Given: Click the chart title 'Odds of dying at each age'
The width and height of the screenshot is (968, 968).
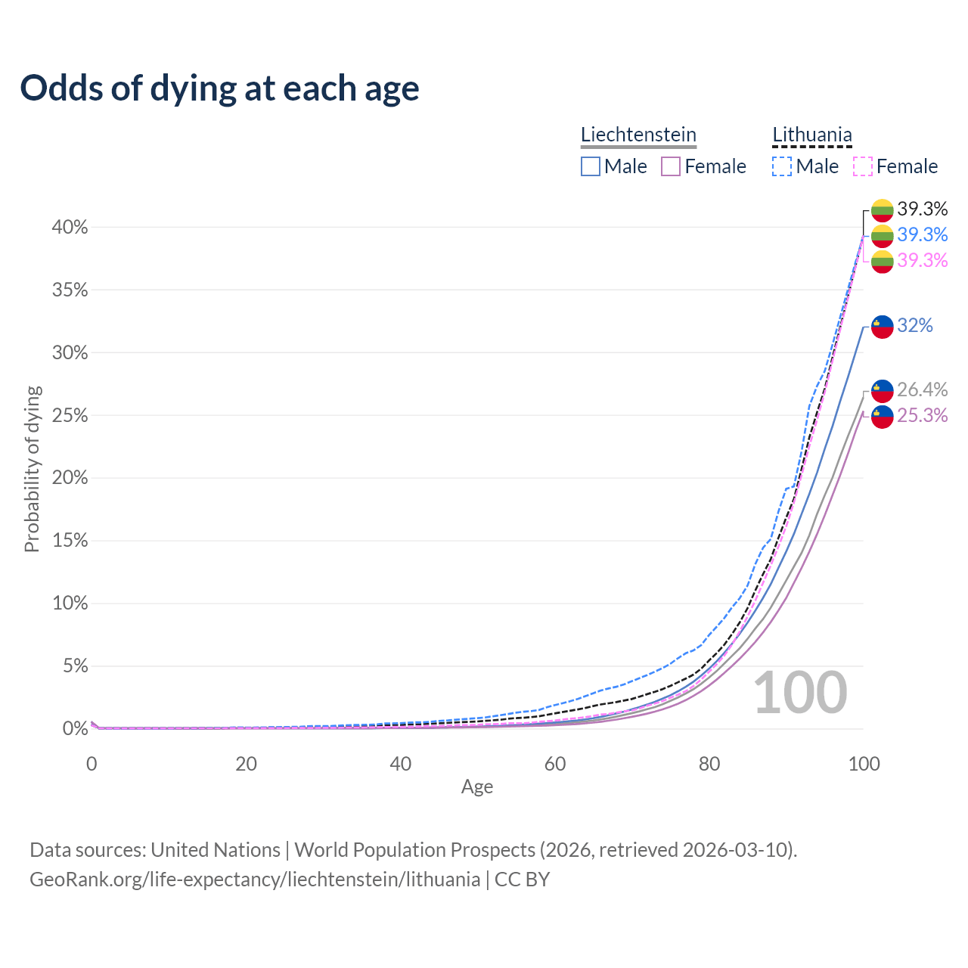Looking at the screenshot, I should point(219,88).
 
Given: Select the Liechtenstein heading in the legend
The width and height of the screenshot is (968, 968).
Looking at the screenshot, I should point(638,135).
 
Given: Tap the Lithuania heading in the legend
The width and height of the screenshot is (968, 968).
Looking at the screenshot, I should point(812,135).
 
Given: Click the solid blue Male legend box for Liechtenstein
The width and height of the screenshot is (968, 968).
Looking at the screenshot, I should point(591,166).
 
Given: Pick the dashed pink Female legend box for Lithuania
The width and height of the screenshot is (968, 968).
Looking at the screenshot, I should point(863,166).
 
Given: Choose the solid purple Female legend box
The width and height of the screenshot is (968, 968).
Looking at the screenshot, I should point(671,166).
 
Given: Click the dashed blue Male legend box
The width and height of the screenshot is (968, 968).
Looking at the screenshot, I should point(782,166).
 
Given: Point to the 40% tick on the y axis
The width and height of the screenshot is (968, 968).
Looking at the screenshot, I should point(70,228).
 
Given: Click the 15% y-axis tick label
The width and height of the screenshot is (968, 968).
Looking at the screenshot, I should point(70,541).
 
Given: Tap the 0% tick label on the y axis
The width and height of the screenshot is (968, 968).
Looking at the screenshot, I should point(75,729).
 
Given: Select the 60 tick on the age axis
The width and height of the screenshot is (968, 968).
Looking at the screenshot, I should point(555,764).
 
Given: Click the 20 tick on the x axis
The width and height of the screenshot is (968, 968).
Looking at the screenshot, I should point(246,764).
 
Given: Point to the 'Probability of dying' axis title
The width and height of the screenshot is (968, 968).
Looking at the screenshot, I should point(32,469).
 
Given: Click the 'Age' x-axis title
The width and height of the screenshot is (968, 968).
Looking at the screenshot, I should point(477,786).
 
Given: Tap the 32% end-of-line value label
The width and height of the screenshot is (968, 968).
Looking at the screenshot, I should point(915,326).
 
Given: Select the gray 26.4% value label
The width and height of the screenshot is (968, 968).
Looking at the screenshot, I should point(922,389).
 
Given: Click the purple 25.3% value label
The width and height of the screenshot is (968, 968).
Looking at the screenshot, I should point(922,415).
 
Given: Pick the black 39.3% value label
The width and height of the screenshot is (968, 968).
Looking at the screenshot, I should point(922,209).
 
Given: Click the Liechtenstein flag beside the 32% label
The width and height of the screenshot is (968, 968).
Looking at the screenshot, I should point(883,327).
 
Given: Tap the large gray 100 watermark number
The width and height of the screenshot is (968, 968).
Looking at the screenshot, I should point(800,693).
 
